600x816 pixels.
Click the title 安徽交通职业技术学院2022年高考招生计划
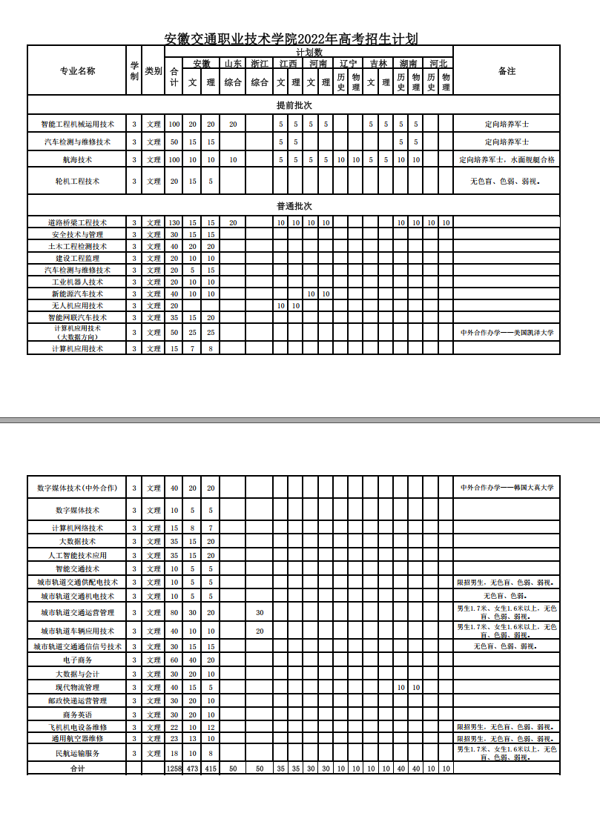tap(291, 39)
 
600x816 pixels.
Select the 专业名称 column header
tap(77, 71)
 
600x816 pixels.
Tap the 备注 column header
tap(507, 71)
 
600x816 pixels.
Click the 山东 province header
tap(233, 64)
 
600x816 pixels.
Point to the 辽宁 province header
tap(348, 64)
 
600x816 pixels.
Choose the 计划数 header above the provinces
tap(309, 52)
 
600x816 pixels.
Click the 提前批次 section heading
tap(294, 105)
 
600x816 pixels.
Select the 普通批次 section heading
tap(294, 205)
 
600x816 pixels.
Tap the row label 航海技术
tap(77, 159)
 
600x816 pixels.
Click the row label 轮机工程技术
tap(77, 181)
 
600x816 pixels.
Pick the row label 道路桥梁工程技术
tap(77, 222)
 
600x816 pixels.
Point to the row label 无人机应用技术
tap(77, 305)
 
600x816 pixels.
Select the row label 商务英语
tap(77, 714)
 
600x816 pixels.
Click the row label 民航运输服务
tap(77, 753)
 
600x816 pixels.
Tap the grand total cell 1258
tap(174, 769)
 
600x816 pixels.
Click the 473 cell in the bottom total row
tap(192, 769)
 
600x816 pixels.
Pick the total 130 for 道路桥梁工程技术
tap(174, 222)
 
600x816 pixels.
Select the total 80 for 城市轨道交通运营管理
tap(174, 613)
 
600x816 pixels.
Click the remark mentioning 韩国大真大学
tap(507, 488)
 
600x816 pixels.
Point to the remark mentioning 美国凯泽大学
tap(507, 333)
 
